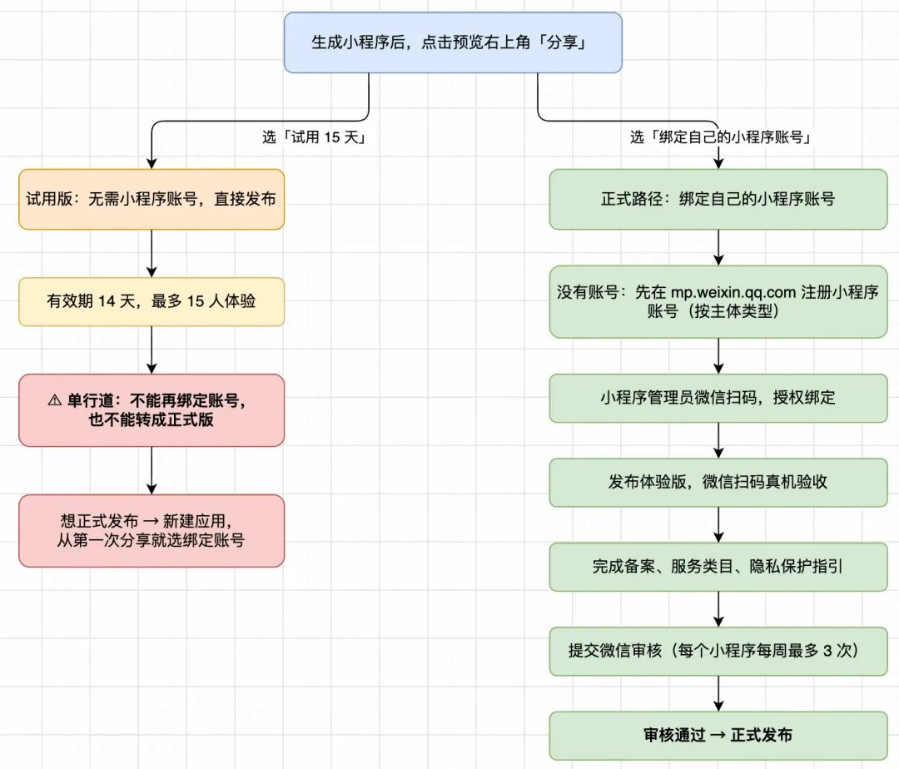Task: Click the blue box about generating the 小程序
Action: tap(453, 43)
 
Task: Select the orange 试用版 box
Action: tap(151, 200)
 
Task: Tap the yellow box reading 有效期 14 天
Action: tap(151, 301)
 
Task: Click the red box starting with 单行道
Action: tap(151, 410)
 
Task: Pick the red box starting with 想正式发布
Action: tap(151, 531)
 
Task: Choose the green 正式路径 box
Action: tap(718, 200)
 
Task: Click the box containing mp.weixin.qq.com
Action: tap(718, 301)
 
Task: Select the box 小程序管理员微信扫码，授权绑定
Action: tap(718, 399)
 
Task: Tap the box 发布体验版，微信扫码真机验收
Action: tap(718, 483)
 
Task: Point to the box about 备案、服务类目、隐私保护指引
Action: tap(718, 567)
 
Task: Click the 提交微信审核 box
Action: tap(718, 652)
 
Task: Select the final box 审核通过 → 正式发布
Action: tap(718, 736)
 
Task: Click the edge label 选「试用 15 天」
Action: tap(314, 137)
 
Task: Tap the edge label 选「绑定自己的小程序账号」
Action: tap(721, 137)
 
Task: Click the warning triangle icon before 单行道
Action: tap(55, 400)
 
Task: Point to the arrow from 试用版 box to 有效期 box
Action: tap(151, 253)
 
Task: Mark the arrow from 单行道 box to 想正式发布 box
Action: tap(151, 470)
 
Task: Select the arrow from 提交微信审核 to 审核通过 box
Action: tap(718, 694)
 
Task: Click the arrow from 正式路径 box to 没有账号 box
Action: tap(718, 247)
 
